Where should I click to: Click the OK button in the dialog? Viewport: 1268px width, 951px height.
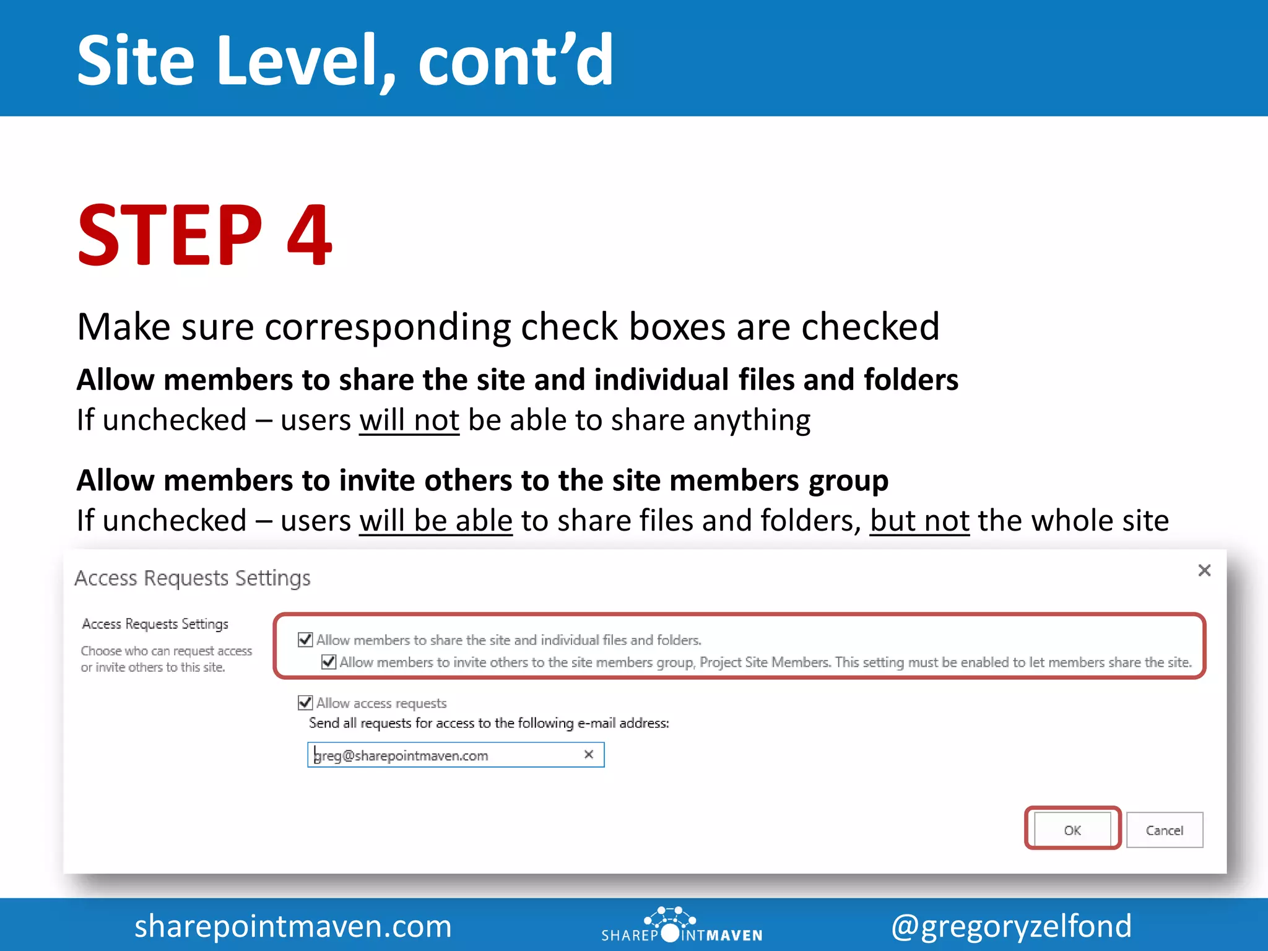point(1072,830)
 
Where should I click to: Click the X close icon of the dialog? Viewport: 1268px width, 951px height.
point(1204,570)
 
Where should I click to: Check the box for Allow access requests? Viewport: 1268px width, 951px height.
point(305,702)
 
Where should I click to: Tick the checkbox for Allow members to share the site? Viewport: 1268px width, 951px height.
point(305,639)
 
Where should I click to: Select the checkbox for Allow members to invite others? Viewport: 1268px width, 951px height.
point(329,661)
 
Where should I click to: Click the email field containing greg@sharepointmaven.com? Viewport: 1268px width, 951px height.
point(446,755)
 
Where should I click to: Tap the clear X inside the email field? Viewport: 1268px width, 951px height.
point(589,754)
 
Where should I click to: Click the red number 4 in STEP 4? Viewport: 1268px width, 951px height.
point(310,235)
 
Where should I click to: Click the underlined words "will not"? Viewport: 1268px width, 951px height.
point(409,420)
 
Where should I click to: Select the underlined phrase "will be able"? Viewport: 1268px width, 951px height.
point(436,520)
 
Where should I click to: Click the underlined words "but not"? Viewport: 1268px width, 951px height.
point(919,520)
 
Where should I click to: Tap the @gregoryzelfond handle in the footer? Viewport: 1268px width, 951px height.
point(1011,926)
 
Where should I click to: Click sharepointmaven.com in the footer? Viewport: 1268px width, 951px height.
point(293,926)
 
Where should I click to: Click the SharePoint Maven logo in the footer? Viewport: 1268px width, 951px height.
point(681,926)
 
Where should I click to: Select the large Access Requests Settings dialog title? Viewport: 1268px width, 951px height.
point(193,578)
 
